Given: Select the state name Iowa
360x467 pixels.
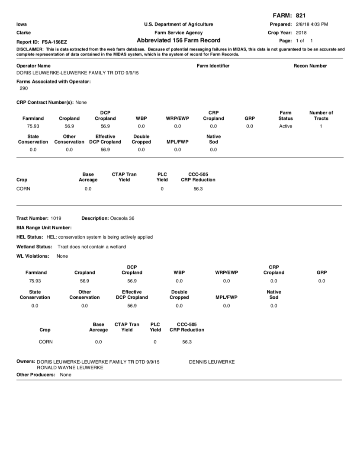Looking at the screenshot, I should pos(22,24).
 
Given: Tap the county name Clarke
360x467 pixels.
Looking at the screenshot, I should pos(23,32).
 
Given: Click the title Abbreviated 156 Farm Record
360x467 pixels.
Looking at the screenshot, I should pos(178,41).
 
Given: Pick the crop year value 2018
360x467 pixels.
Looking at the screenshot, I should pos(301,32).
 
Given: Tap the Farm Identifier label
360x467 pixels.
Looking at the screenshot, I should pos(213,66).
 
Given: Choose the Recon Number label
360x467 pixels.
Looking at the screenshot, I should pos(310,66).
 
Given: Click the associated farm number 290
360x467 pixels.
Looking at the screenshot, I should pos(23,88).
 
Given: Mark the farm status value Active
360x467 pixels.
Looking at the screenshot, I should pos(286,126).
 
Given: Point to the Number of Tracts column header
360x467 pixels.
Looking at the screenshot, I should pos(321,115).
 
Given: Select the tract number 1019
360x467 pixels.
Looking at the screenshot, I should pos(56,218).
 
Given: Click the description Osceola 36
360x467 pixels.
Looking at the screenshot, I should pos(122,218).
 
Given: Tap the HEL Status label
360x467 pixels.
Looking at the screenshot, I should pos(29,237).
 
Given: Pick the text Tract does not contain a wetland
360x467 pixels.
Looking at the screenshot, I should pos(92,246).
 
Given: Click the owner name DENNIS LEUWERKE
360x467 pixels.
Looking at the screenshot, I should pos(212,362).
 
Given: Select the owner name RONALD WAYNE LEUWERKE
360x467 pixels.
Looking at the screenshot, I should pos(70,368).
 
